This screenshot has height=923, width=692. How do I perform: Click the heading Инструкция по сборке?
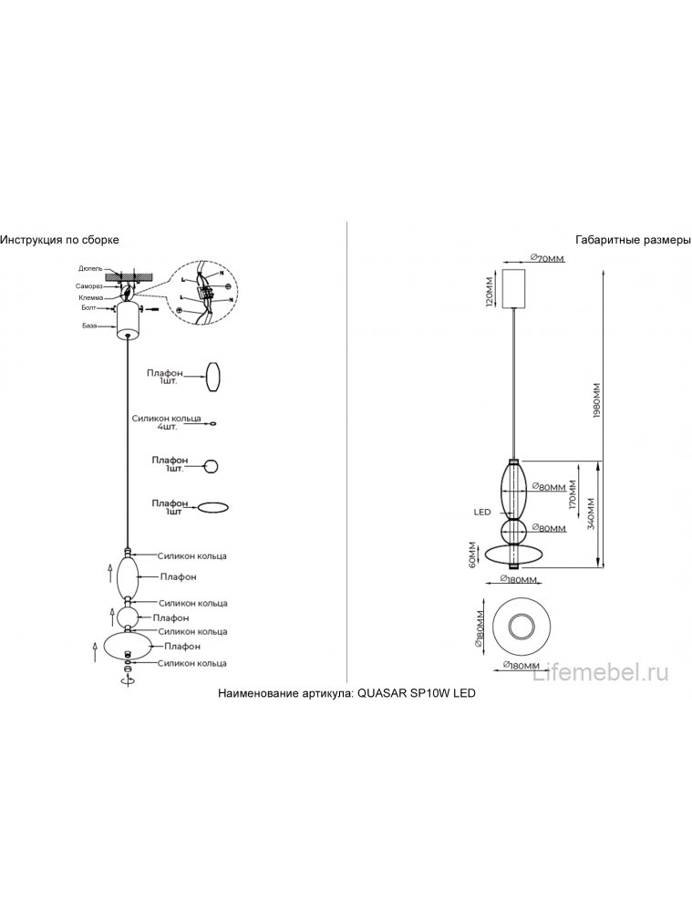[x=59, y=240]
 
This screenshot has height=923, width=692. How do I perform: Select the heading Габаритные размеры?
[x=633, y=240]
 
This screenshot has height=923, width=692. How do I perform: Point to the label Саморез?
[x=89, y=285]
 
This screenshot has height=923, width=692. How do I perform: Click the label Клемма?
[x=90, y=296]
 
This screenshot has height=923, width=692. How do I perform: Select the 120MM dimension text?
[x=490, y=289]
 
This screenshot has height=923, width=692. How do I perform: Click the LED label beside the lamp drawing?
[x=482, y=513]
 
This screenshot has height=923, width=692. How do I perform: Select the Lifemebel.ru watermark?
[x=603, y=673]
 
